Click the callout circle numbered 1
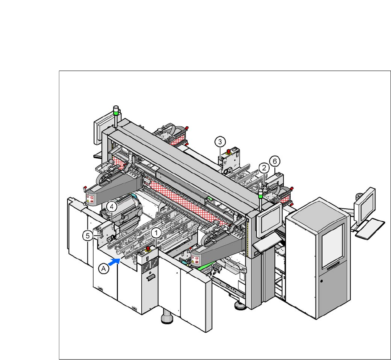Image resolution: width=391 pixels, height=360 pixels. (156, 233)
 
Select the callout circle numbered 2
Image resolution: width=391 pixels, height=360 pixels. (264, 168)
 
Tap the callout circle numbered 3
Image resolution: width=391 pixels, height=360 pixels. (220, 142)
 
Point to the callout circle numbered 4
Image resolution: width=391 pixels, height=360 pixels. (112, 207)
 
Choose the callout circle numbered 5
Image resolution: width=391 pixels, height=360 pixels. (88, 236)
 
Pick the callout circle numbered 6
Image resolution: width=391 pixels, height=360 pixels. (275, 161)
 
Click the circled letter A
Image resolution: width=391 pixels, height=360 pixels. (104, 269)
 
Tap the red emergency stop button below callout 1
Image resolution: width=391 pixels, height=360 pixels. (148, 248)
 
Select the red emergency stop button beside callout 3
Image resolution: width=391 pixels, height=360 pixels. (228, 151)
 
